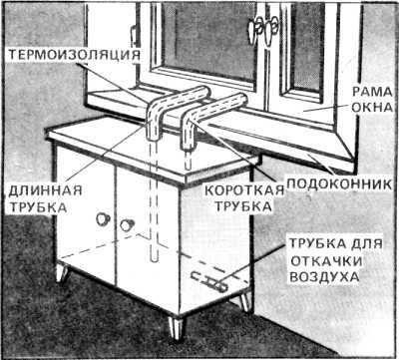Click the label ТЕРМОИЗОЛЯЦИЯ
(74, 55)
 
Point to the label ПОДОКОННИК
(339, 184)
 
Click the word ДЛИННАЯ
(45, 191)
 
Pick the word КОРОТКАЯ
(243, 191)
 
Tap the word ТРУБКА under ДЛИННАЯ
(38, 207)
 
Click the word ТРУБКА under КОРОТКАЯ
(243, 206)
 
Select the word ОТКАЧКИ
(326, 261)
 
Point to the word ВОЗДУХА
(324, 277)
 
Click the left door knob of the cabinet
(103, 218)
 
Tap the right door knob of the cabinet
(127, 225)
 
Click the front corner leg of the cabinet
(176, 327)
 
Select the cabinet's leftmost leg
(62, 272)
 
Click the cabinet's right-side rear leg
(244, 301)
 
